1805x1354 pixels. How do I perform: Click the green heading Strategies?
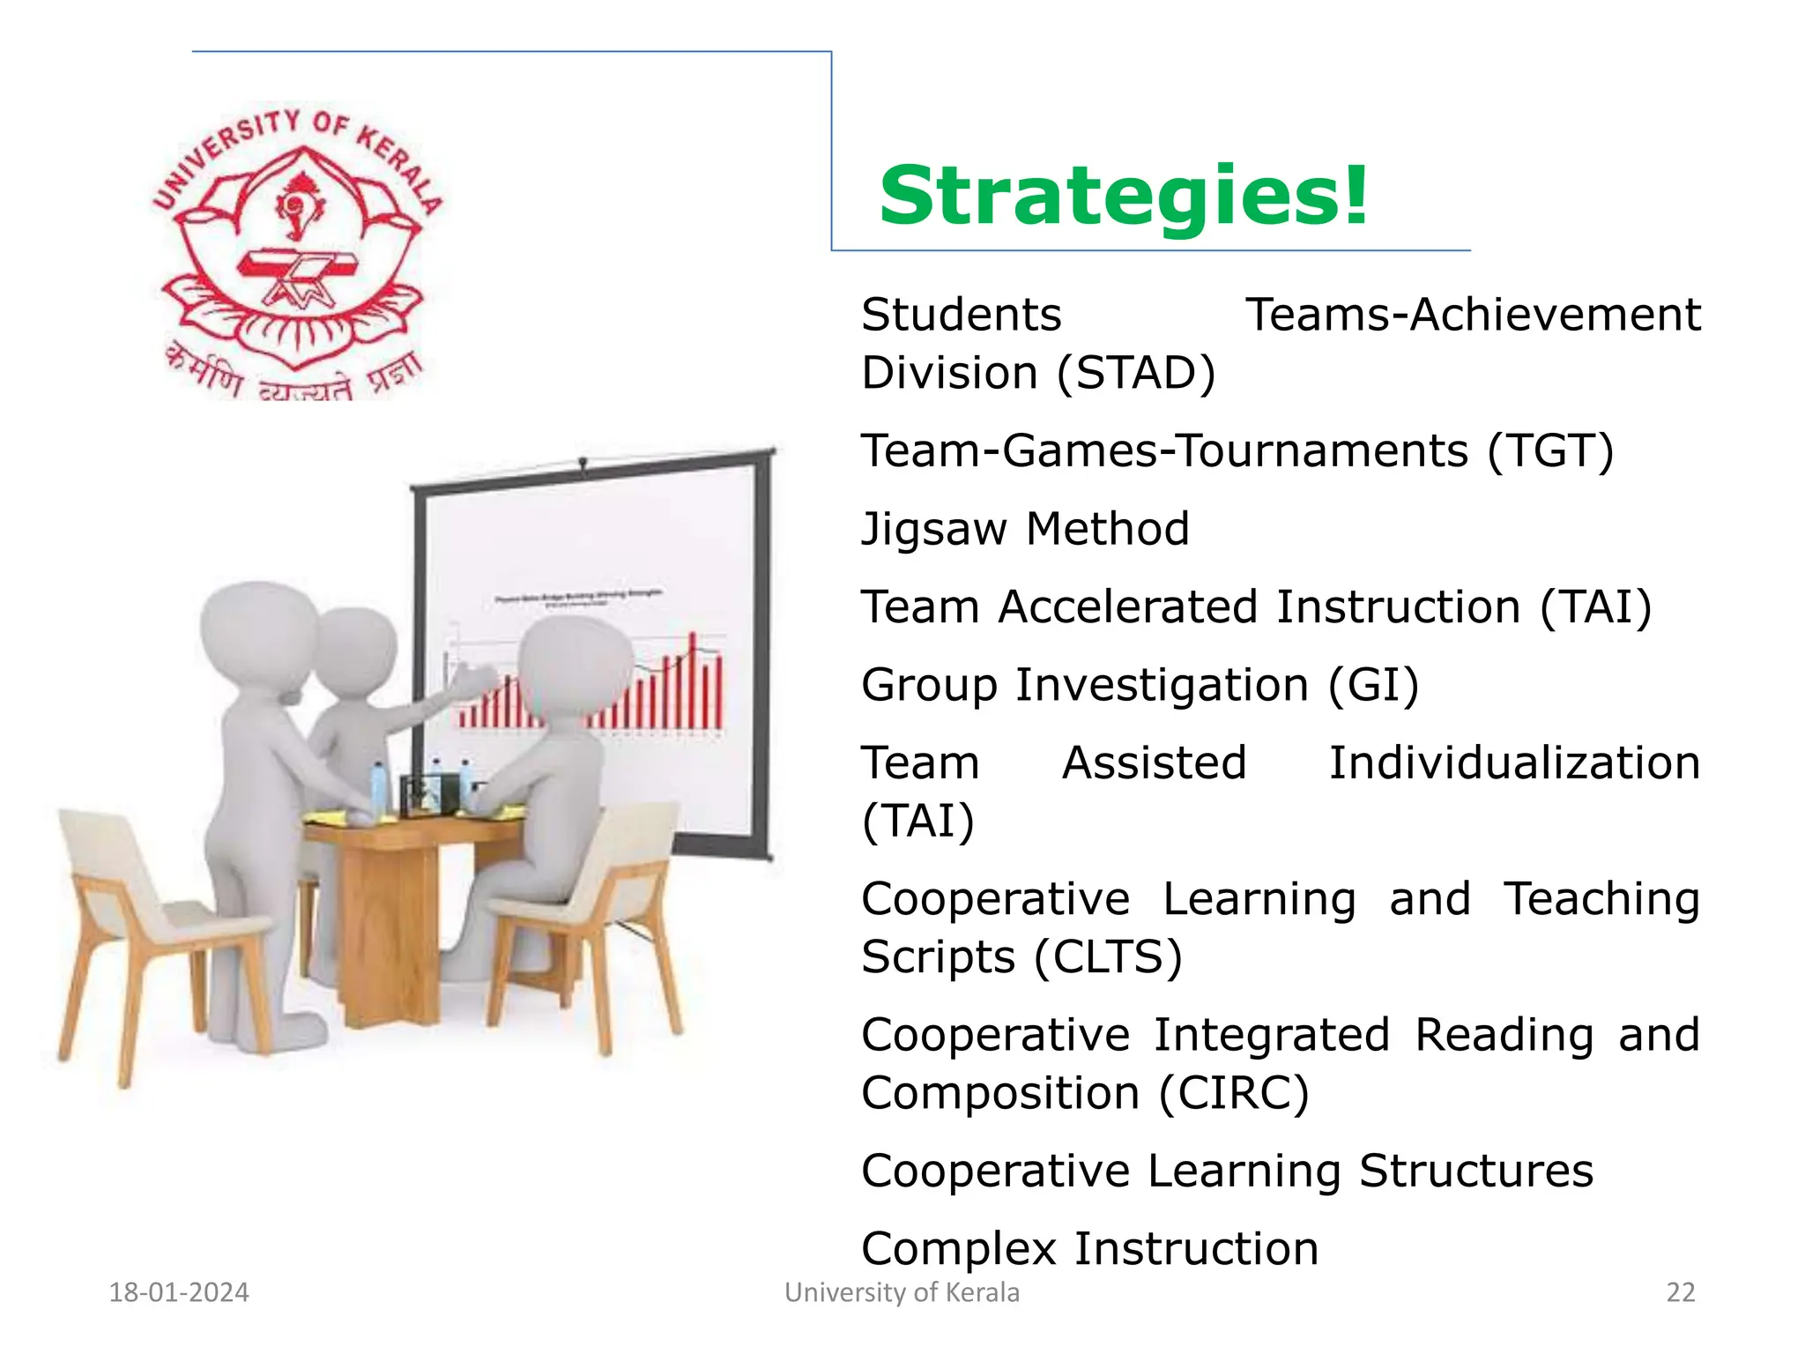1124,196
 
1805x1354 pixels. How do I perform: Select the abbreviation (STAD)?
1136,373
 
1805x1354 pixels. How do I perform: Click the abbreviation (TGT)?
1550,451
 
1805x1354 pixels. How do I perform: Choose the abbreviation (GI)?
1374,686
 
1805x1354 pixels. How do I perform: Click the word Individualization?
1514,763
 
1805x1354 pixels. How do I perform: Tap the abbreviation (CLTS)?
1108,957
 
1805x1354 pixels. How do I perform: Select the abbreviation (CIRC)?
1234,1094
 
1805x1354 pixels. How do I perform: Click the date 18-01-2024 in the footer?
179,1292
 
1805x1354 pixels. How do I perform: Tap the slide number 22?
1681,1292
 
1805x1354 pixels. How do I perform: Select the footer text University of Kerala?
902,1292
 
